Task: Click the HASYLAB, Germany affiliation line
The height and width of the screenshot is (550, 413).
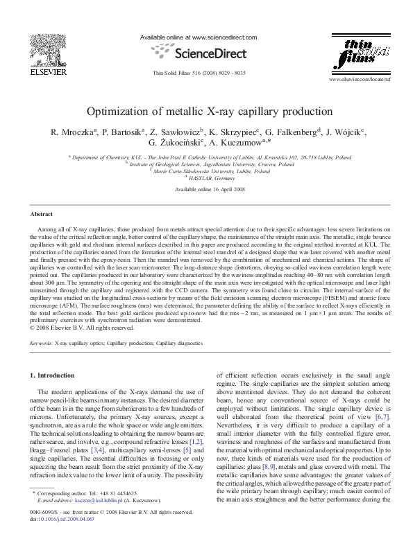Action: click(x=206, y=178)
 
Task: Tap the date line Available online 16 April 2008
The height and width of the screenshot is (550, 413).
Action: click(x=206, y=189)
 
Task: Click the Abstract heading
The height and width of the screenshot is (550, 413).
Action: click(x=43, y=215)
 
